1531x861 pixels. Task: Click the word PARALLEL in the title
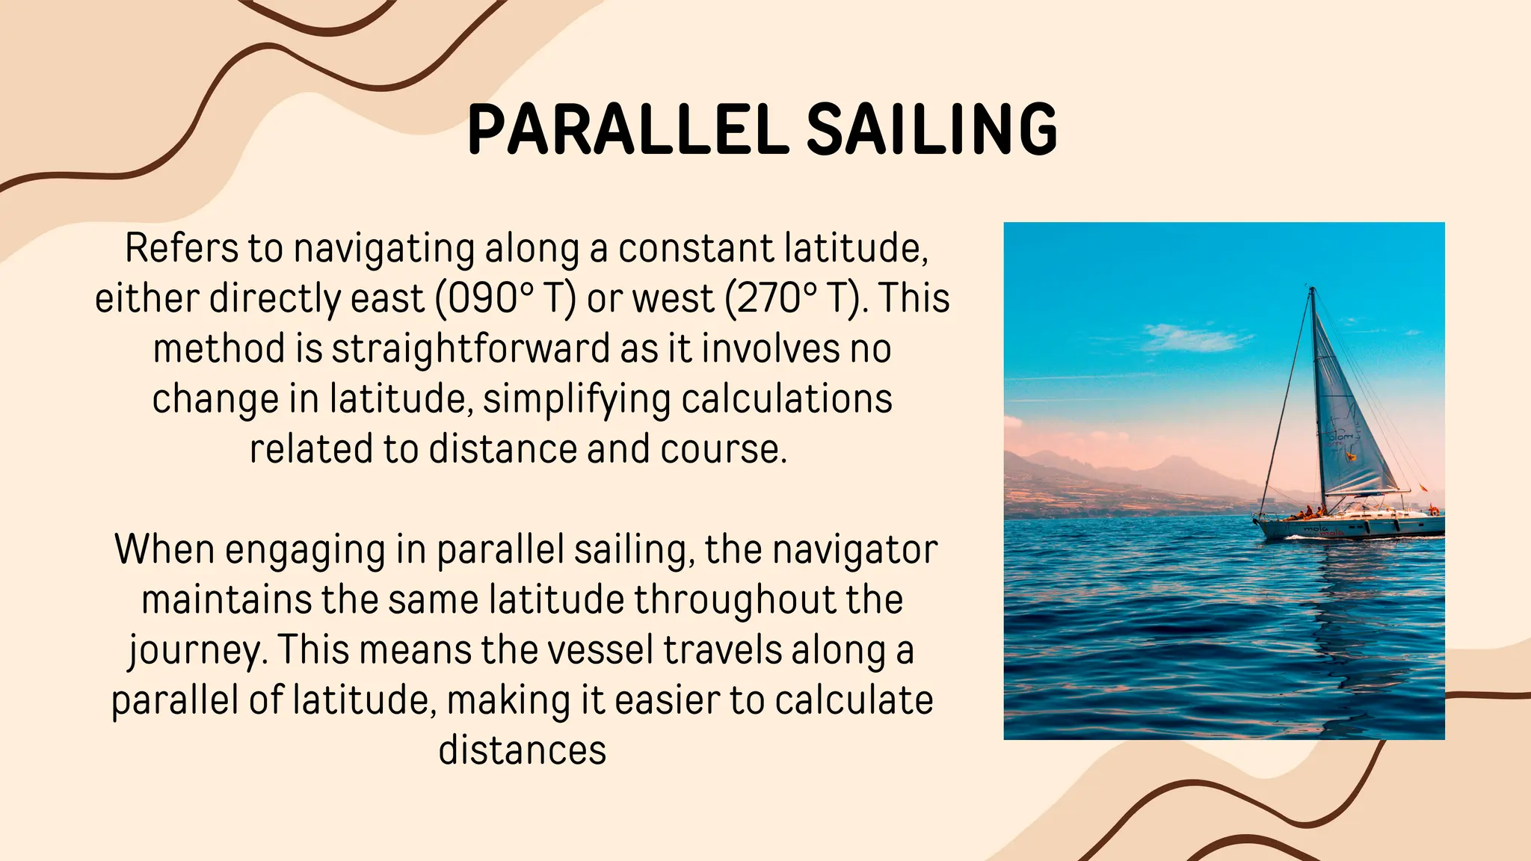(x=626, y=129)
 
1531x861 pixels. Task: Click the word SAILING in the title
(x=931, y=129)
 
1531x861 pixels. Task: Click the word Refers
(x=181, y=248)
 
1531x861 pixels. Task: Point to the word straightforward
(x=471, y=349)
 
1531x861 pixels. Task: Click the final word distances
(x=522, y=750)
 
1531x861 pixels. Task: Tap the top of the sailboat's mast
(x=1312, y=288)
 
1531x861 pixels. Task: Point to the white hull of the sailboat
(x=1346, y=529)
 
